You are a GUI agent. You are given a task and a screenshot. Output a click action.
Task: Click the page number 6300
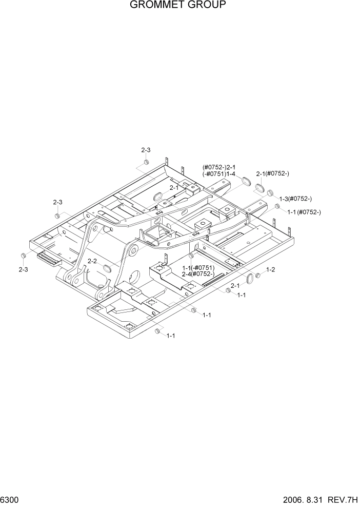(10, 499)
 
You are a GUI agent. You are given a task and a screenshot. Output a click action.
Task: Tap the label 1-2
(270, 270)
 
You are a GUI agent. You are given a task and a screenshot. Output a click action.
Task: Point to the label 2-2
(92, 261)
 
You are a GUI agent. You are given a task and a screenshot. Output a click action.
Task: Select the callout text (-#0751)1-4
(219, 174)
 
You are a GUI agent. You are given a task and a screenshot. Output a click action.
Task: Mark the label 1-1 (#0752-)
(304, 212)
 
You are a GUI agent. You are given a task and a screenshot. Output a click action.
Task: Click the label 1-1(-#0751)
(198, 267)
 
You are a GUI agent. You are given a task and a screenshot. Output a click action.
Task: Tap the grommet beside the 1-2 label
(258, 276)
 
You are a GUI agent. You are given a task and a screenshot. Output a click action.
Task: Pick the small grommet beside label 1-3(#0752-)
(269, 192)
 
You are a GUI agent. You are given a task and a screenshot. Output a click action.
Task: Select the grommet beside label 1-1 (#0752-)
(277, 206)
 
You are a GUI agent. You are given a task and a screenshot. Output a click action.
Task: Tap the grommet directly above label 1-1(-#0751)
(191, 256)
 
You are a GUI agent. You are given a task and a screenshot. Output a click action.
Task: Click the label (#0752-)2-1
(219, 167)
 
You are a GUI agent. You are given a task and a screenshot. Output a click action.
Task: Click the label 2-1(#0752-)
(272, 174)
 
